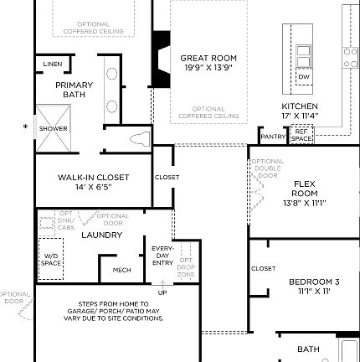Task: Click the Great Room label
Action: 208,59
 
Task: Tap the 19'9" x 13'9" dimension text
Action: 208,68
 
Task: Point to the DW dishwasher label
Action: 303,76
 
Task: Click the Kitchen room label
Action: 299,106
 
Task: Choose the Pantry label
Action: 273,137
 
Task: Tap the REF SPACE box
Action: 301,134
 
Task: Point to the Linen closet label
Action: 52,65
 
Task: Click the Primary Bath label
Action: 74,90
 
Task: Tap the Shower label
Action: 54,128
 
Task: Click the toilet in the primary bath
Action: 138,138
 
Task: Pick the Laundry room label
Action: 101,235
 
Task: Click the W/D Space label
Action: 51,260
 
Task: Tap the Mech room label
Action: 121,270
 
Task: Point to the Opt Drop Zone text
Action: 186,267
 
